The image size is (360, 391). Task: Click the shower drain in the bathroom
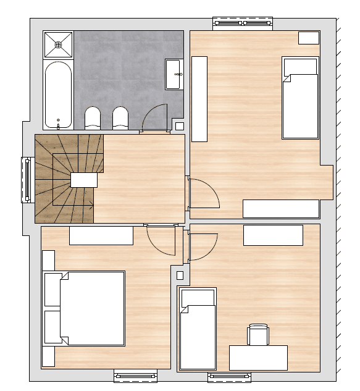click(58, 44)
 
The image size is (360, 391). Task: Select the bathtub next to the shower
click(58, 95)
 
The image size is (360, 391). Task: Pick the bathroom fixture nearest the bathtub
click(92, 118)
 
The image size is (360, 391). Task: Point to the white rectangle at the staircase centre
click(84, 180)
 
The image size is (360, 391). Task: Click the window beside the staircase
click(27, 180)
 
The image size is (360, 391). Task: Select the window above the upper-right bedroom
click(242, 23)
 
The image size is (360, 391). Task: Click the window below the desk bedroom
click(229, 377)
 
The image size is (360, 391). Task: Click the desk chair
click(258, 335)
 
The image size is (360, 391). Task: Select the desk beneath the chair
click(258, 357)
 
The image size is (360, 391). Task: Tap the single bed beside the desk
click(198, 329)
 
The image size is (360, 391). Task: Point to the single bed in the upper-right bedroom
click(300, 98)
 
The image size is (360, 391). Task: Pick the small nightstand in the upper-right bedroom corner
click(308, 38)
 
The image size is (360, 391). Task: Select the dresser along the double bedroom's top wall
click(101, 235)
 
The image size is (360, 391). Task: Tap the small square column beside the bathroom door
click(180, 126)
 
